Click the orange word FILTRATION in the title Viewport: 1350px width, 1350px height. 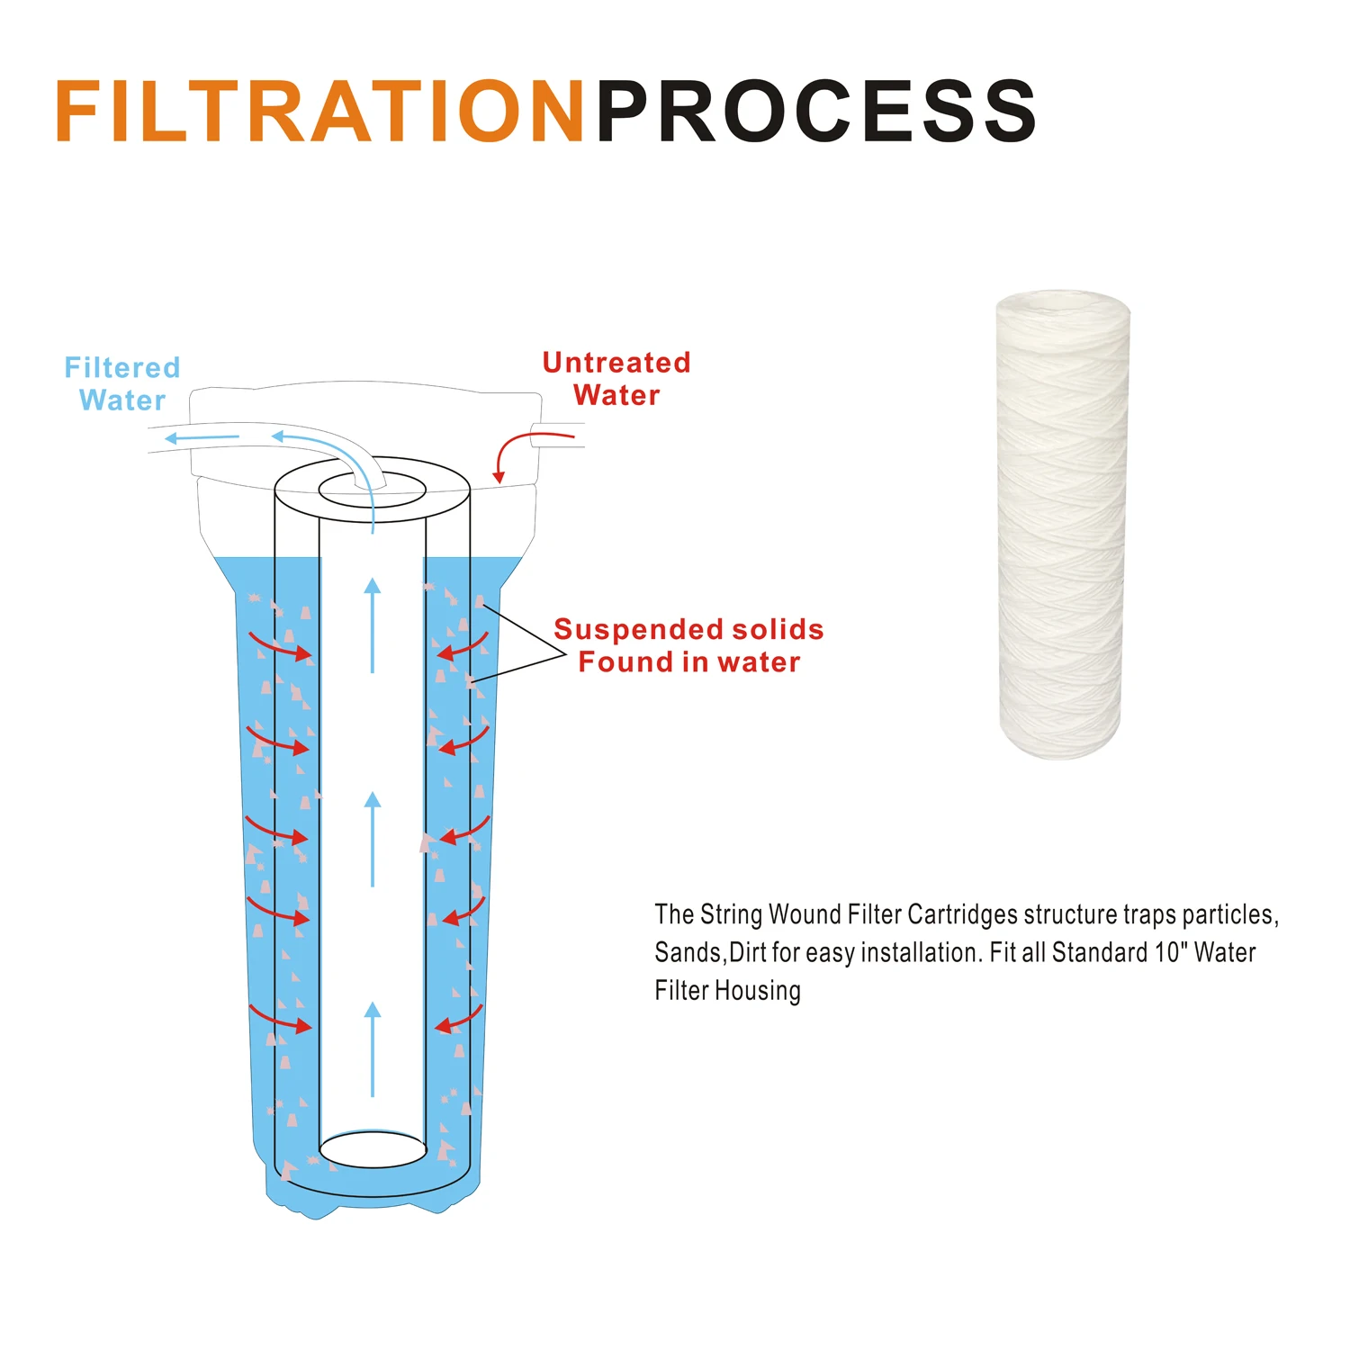click(x=319, y=112)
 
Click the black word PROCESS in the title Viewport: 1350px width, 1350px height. click(x=815, y=112)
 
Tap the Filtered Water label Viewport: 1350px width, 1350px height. click(x=122, y=383)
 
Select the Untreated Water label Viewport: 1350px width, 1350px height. click(x=616, y=379)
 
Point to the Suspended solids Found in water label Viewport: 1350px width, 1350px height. click(x=688, y=645)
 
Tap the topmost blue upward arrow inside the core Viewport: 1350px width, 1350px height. click(x=372, y=625)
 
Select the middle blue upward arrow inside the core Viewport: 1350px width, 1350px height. click(x=372, y=839)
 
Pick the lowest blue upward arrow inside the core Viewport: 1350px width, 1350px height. click(x=372, y=1048)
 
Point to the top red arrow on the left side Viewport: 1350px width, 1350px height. click(x=280, y=647)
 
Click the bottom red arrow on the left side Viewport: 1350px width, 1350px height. click(x=280, y=1019)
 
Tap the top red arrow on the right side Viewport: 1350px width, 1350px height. click(x=463, y=647)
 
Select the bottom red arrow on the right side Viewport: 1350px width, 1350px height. click(x=459, y=1020)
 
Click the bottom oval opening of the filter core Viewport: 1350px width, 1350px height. click(x=373, y=1149)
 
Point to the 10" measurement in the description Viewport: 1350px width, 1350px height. click(x=1171, y=952)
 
